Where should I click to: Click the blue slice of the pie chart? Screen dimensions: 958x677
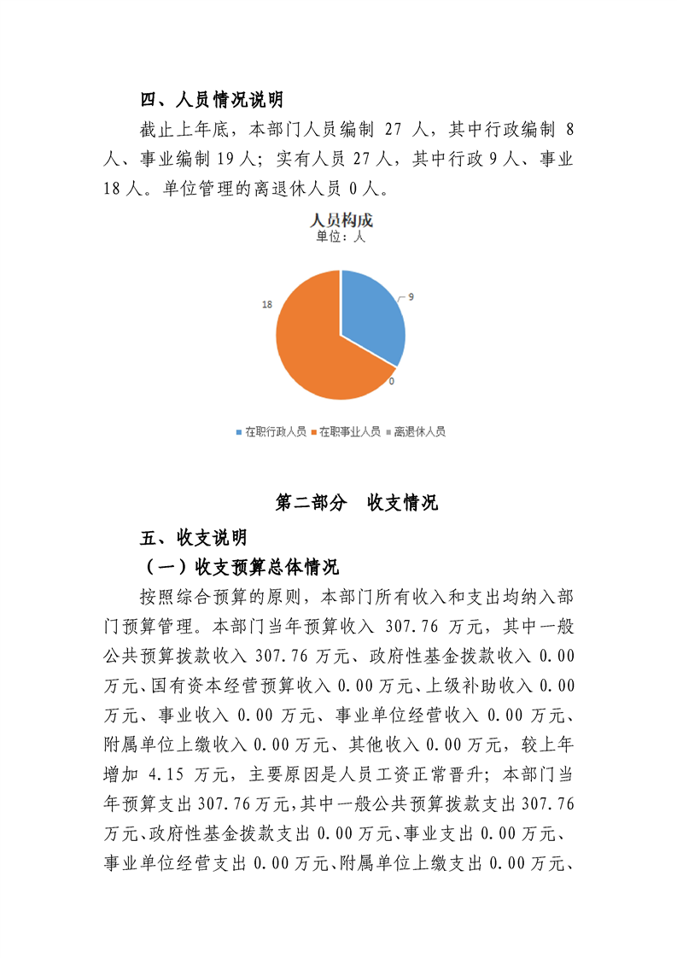tap(371, 312)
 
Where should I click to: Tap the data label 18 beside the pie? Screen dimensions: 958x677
tap(267, 304)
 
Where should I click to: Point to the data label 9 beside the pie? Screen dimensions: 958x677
tap(411, 296)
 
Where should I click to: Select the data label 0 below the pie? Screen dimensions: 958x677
tap(391, 381)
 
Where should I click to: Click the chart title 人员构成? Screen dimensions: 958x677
tap(341, 220)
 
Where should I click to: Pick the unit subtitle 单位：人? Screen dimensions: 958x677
tap(341, 237)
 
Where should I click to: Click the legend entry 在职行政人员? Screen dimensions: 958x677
tap(275, 432)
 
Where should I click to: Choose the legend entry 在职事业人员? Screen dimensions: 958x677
tap(350, 432)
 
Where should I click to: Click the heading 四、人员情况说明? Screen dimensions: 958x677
tap(212, 101)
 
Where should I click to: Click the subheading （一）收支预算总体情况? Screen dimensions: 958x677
tap(242, 567)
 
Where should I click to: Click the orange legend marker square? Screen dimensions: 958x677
tap(313, 433)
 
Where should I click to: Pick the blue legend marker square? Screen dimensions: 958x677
tap(239, 433)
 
